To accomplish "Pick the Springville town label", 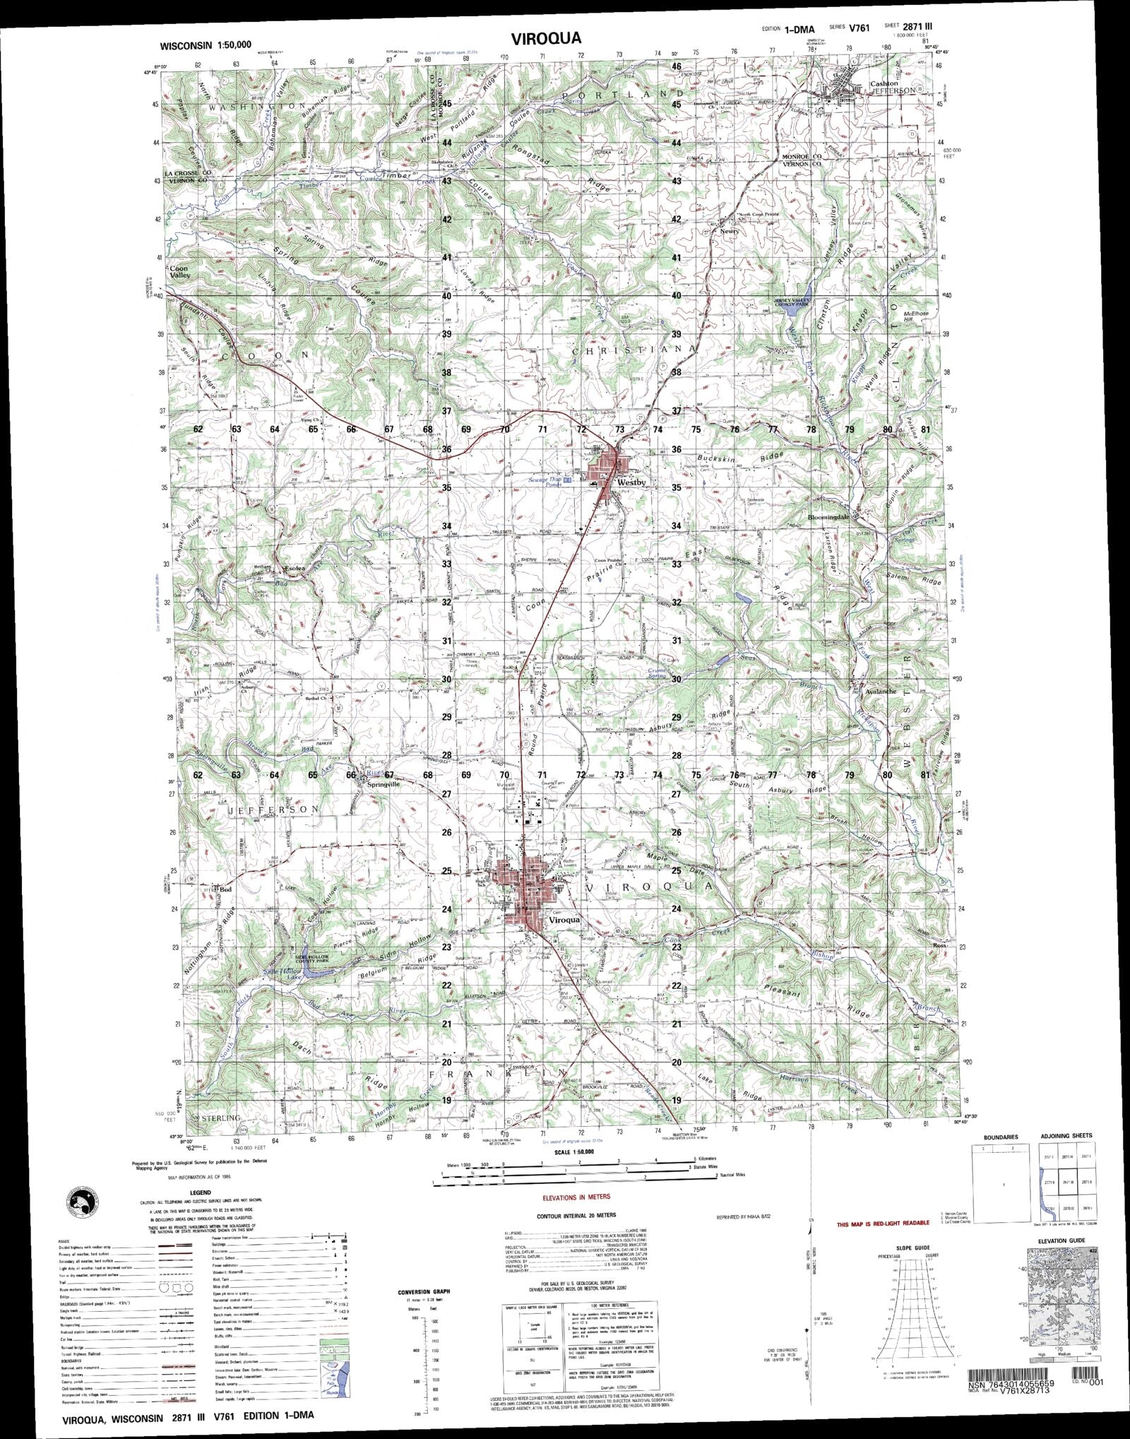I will pos(383,783).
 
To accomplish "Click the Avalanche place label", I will pos(881,692).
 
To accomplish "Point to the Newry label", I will pos(729,231).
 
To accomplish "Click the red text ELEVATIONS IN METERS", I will pos(576,1197).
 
